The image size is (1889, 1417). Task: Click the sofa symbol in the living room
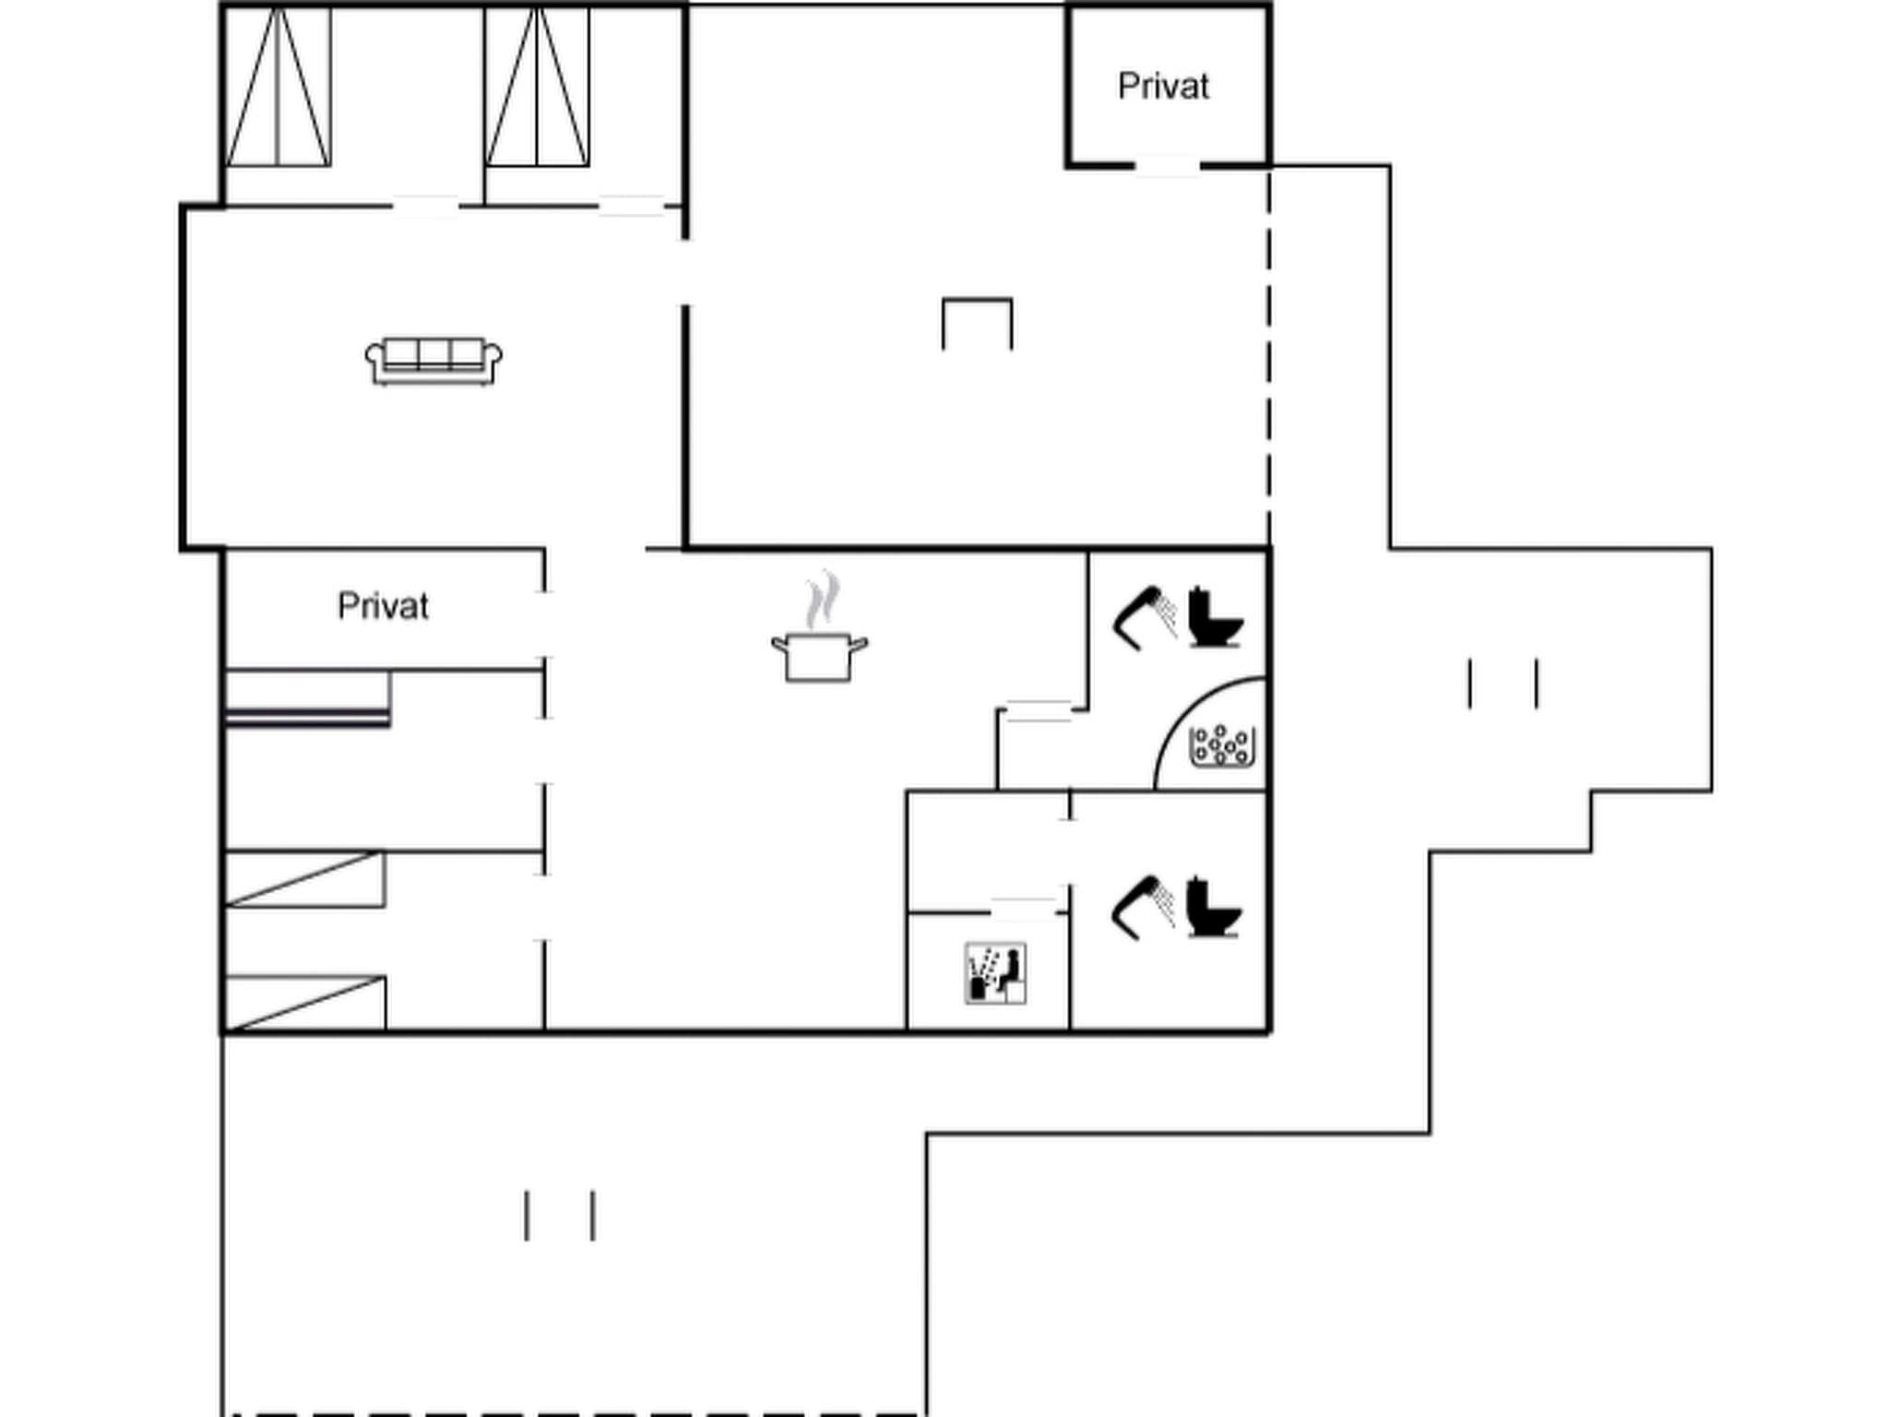click(x=434, y=361)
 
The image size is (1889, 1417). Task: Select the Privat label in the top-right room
click(x=1162, y=86)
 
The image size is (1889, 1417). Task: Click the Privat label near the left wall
click(x=383, y=606)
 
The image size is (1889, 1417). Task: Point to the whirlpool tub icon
click(x=1222, y=745)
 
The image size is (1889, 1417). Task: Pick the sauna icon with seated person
click(x=995, y=973)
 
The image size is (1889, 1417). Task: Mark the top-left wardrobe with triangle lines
click(x=279, y=88)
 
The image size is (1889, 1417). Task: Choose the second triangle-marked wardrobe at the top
click(x=538, y=88)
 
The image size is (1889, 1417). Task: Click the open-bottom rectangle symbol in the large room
click(x=977, y=323)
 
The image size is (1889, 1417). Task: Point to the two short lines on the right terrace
click(x=1503, y=684)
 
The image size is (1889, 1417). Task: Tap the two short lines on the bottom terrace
click(x=560, y=1215)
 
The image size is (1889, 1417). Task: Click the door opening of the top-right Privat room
click(x=1167, y=167)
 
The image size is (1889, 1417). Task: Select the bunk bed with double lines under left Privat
click(x=308, y=699)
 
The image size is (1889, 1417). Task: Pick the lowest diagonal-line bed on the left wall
click(x=305, y=1003)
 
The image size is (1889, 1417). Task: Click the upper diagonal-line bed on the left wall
click(x=305, y=879)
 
